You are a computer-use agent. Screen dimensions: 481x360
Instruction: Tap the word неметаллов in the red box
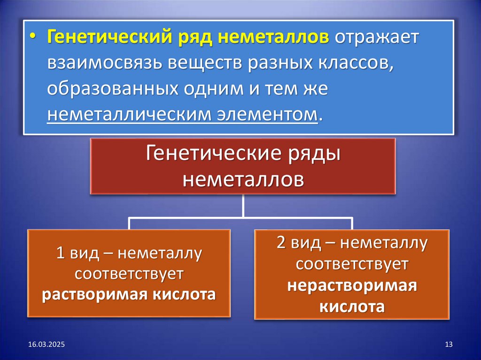(x=243, y=179)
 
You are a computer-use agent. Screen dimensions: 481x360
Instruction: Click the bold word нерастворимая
(x=352, y=286)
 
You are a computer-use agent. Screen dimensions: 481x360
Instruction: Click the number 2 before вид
(x=281, y=244)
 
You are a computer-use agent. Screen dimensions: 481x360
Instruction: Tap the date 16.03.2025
(x=46, y=345)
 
